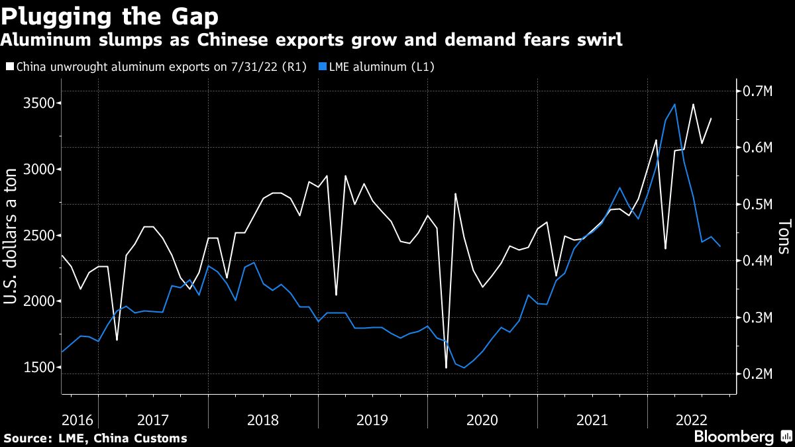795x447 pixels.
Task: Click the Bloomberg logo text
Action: [733, 436]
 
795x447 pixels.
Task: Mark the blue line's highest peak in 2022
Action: [674, 104]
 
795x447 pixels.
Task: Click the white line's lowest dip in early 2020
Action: [446, 368]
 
